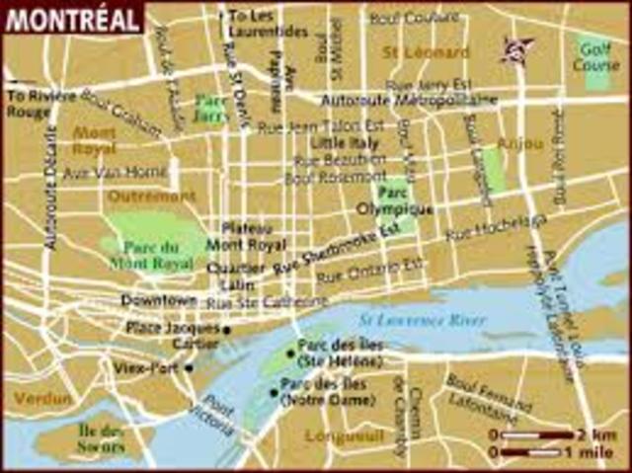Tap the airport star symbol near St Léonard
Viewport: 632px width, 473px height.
516,47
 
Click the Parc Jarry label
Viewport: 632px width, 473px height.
210,108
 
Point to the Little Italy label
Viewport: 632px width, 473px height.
323,141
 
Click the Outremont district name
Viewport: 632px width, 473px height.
150,196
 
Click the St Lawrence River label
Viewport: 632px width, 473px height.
423,321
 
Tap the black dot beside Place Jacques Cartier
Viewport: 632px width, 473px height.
227,330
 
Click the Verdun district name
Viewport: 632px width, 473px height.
42,398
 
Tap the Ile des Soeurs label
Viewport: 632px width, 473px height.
101,440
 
